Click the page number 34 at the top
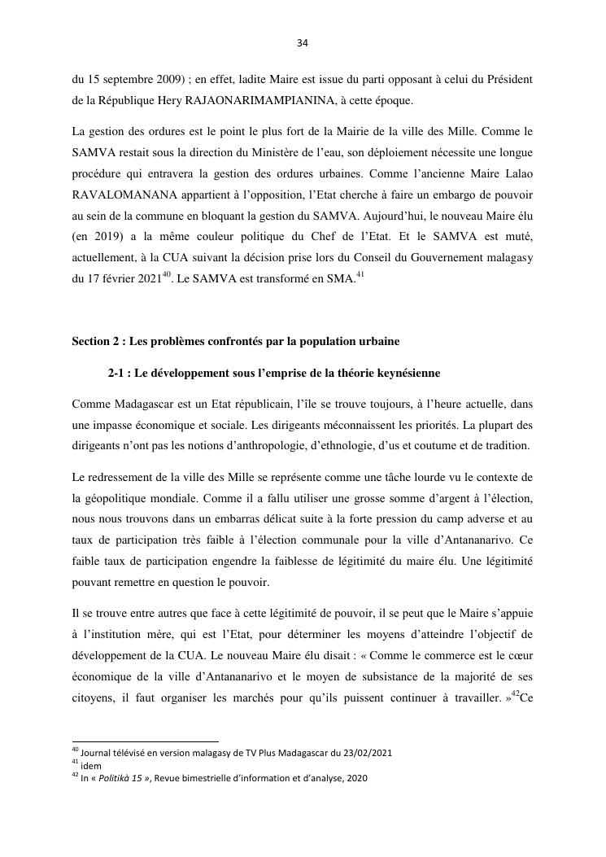[303, 43]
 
